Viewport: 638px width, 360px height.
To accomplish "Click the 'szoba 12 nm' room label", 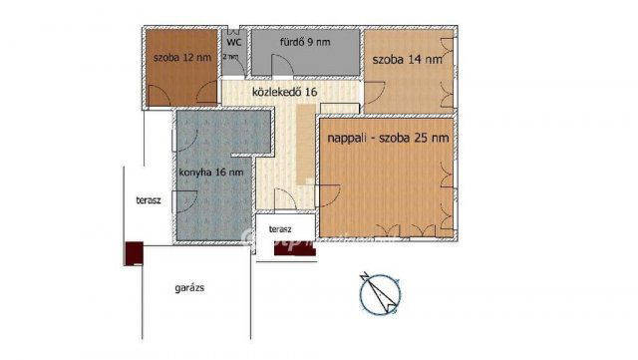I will pos(181,58).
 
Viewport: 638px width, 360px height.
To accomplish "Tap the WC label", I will pos(233,43).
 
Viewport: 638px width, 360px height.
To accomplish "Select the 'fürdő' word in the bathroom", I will pos(292,43).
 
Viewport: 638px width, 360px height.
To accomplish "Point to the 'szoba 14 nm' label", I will pos(408,60).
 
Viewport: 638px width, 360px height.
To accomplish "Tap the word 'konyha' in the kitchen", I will pos(197,173).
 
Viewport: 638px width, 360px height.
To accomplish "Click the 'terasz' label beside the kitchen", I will pos(149,200).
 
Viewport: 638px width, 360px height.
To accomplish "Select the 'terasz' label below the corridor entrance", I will pos(281,229).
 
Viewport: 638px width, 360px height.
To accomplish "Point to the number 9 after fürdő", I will pos(311,43).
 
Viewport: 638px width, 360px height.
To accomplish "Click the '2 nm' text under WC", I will pos(231,57).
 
